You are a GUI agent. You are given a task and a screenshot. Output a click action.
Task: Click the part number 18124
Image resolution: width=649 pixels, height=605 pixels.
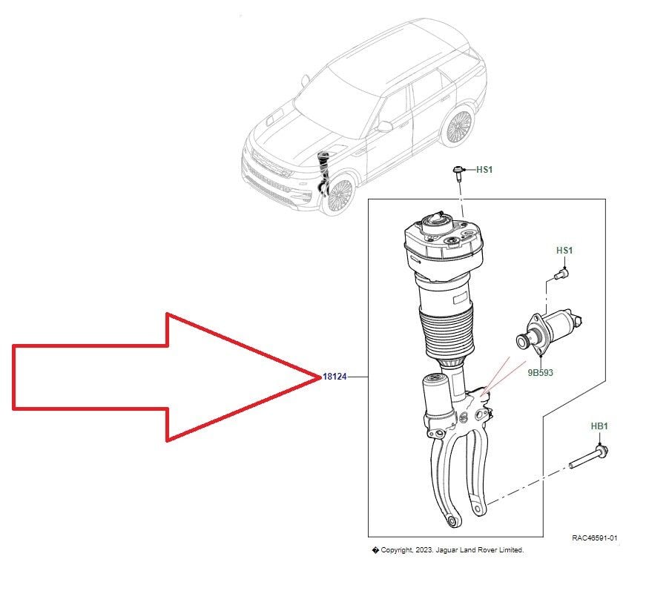click(335, 377)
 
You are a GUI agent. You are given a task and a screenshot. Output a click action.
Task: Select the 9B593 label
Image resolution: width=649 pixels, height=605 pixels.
click(540, 372)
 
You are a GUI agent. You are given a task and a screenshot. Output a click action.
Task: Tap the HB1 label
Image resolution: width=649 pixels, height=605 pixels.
click(599, 426)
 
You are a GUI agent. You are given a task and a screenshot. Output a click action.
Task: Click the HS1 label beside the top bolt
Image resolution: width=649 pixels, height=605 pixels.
click(484, 170)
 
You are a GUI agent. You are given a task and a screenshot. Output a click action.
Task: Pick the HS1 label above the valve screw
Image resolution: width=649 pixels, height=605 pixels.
click(564, 251)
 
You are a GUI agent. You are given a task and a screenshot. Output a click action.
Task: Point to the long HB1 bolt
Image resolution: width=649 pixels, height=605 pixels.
click(588, 457)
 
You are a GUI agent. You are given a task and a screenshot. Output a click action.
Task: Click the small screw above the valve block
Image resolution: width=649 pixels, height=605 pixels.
click(561, 274)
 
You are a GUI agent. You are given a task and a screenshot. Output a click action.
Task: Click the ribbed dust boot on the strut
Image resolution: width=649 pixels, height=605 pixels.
click(447, 335)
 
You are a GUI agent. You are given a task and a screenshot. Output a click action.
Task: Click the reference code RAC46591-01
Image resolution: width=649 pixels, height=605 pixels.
click(594, 538)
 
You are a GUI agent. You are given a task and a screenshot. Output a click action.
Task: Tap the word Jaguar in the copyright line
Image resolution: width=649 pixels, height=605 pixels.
click(447, 550)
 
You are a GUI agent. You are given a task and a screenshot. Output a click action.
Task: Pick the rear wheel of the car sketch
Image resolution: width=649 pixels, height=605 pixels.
click(458, 126)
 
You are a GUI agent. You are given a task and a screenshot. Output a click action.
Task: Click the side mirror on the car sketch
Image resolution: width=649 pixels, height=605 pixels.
click(383, 126)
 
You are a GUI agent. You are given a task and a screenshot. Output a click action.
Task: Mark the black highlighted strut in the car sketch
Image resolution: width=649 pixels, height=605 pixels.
click(323, 173)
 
